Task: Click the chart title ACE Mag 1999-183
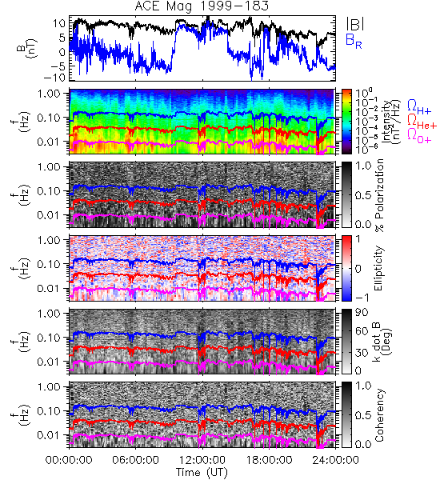(x=202, y=6)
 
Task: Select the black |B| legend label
(x=355, y=24)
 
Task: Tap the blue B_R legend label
(x=354, y=41)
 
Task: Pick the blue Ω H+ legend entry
(x=419, y=107)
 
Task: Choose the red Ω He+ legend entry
(x=422, y=122)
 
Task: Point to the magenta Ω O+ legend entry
(x=419, y=135)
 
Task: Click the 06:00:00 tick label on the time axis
(x=135, y=460)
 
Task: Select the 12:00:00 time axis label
(x=202, y=460)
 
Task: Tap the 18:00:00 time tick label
(x=269, y=460)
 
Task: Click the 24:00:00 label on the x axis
(x=335, y=460)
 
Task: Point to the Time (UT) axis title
(x=202, y=472)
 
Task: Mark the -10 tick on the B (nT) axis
(x=56, y=78)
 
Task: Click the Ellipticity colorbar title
(x=378, y=269)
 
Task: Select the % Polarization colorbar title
(x=379, y=195)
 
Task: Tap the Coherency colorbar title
(x=379, y=415)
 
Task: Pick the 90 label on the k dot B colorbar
(x=362, y=312)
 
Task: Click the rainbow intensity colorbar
(x=346, y=122)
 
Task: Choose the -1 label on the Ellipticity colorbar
(x=362, y=297)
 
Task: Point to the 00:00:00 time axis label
(x=69, y=460)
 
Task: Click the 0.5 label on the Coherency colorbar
(x=363, y=415)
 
